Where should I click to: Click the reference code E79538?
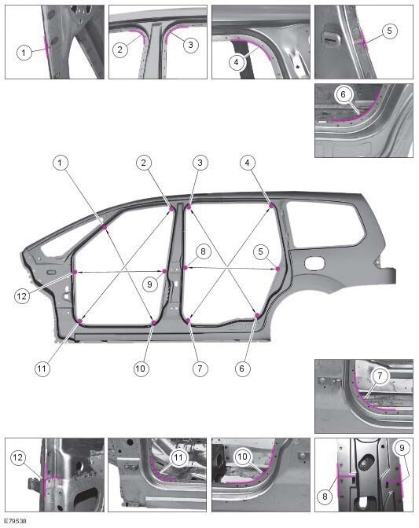pos(16,521)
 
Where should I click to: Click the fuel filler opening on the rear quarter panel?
pos(314,263)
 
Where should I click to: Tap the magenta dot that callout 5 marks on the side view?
pos(277,269)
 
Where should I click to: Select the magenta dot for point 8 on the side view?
pos(185,268)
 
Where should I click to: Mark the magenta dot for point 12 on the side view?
pos(75,272)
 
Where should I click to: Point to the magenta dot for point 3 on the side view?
pos(189,207)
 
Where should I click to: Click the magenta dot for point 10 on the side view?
pos(153,323)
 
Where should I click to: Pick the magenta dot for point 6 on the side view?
pos(257,315)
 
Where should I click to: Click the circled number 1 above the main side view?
pos(61,163)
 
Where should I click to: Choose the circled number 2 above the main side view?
pos(144,163)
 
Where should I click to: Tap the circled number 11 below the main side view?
pos(42,368)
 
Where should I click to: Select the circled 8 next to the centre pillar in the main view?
pos(203,251)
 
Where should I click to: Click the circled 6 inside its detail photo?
pos(344,94)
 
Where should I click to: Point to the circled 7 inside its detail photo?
pos(380,376)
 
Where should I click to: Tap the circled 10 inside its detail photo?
pos(242,456)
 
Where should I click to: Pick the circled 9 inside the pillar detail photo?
pos(402,448)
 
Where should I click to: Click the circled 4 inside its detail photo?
pos(237,62)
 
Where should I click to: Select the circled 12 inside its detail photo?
pos(18,457)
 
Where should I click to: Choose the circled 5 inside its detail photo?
pos(390,31)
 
